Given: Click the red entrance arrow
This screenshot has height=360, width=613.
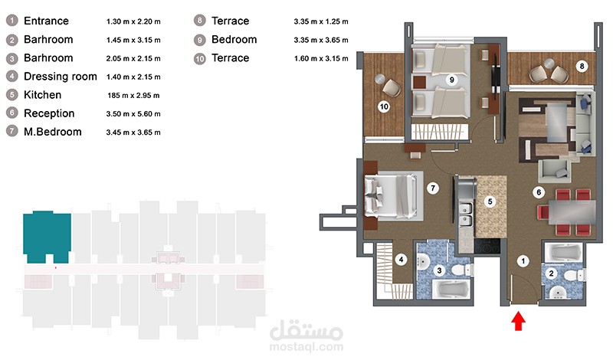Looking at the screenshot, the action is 518,320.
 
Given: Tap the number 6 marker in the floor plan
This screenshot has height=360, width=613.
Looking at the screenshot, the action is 539,192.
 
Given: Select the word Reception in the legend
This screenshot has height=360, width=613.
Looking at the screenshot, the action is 49,113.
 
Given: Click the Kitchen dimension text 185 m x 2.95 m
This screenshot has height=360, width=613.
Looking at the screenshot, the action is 133,96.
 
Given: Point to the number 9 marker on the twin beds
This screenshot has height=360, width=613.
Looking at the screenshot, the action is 451,80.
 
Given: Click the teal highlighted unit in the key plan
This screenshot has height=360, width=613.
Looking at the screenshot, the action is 47,237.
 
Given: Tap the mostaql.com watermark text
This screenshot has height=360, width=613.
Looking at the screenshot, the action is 306,346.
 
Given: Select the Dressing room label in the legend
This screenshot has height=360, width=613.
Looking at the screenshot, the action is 61,77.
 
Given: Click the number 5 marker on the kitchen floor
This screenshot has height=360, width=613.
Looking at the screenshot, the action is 490,201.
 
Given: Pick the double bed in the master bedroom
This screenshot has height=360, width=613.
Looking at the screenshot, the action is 394,195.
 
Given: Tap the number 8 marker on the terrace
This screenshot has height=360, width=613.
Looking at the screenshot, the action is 582,66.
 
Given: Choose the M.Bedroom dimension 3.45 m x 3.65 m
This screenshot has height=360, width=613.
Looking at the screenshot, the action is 133,133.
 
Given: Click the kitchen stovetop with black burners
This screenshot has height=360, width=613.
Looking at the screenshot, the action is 487,246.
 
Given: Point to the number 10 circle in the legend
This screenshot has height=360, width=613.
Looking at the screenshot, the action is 200,59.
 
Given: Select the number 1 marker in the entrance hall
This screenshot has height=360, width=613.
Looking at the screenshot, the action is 523,261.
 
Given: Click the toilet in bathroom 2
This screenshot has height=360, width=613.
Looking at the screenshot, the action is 574,275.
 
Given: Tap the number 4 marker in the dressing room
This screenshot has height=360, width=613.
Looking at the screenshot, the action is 401,259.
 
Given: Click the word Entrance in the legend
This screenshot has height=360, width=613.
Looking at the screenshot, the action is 46,21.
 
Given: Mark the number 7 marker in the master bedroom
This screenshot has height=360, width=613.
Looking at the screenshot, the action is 433,188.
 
